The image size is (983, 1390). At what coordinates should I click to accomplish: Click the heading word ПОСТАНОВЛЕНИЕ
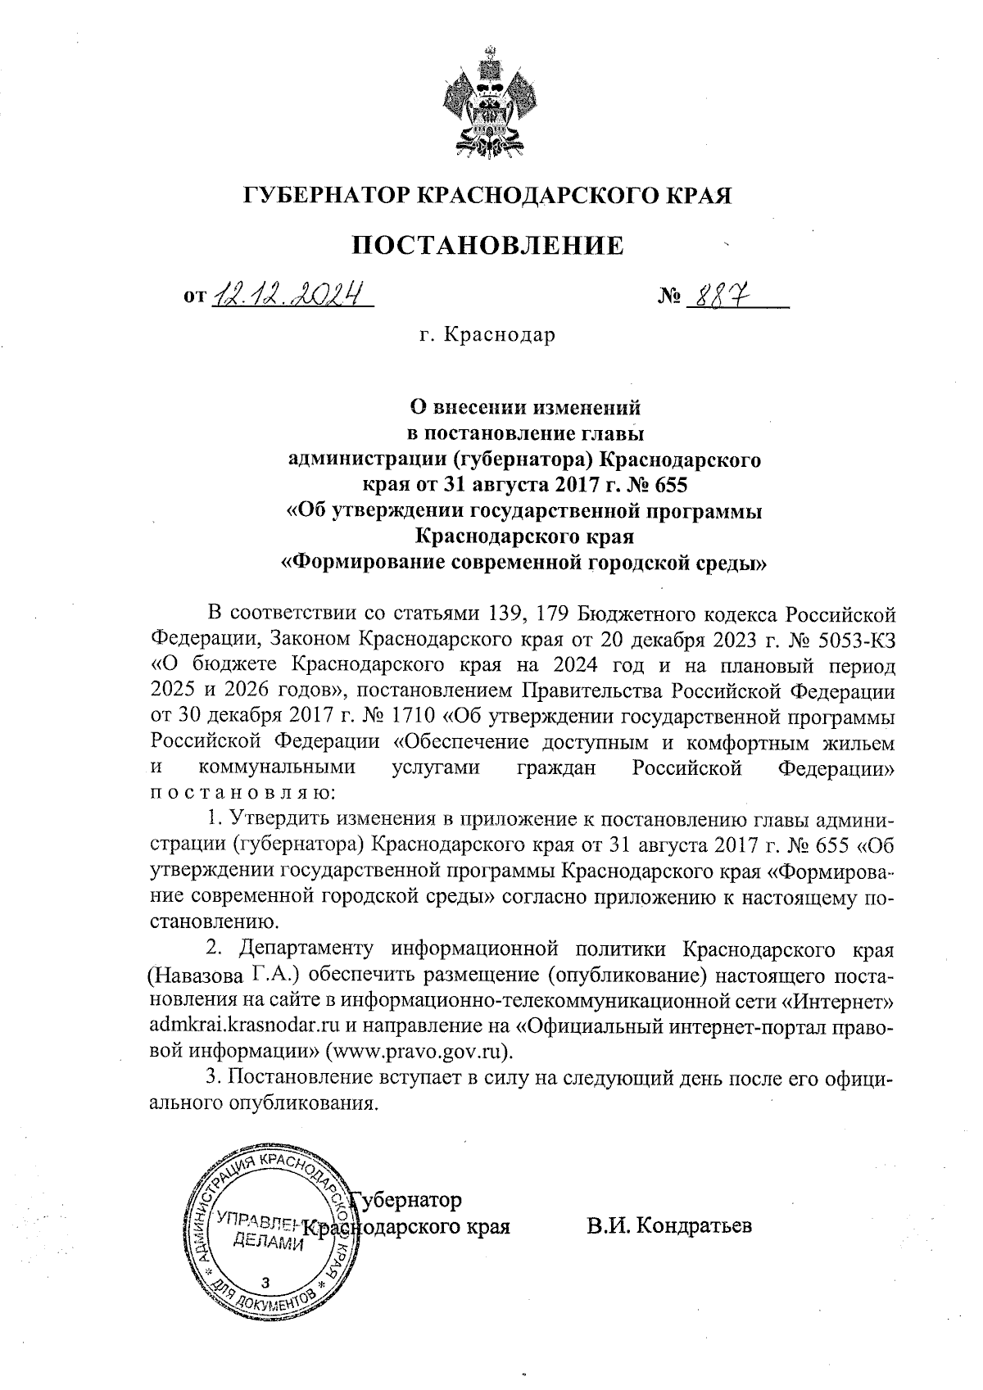(x=488, y=245)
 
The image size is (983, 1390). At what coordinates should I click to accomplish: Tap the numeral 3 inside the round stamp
(x=264, y=1282)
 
